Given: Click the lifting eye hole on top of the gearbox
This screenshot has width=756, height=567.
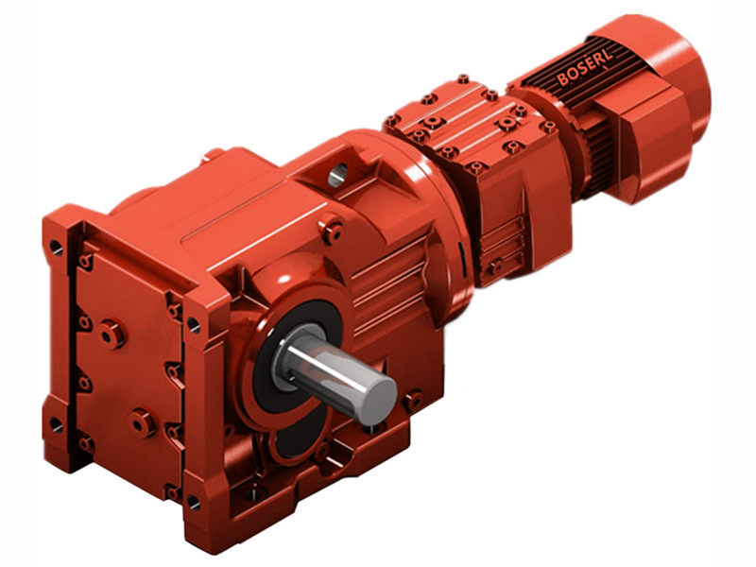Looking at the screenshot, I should pos(338,173).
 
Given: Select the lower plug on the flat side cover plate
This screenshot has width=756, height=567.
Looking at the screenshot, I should pos(143,422).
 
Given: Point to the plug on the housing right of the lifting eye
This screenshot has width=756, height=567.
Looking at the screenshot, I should pos(333,226).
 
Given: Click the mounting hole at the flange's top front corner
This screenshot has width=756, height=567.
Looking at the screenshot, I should pos(193,325).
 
